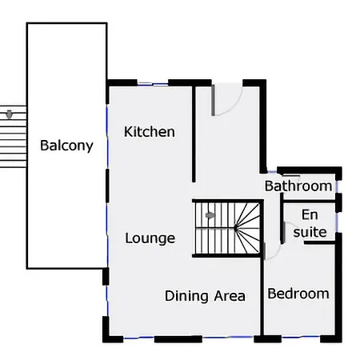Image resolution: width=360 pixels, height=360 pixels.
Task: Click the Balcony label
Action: (x=66, y=146)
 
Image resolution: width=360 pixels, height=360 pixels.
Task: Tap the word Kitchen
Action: (x=150, y=132)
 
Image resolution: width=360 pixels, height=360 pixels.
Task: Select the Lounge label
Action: (x=150, y=238)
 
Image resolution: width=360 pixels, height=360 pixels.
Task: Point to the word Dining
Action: (x=186, y=296)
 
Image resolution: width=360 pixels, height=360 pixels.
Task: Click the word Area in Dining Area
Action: (x=230, y=296)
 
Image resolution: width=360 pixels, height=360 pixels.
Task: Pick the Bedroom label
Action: (x=298, y=294)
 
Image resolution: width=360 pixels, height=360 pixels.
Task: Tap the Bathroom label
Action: (x=298, y=186)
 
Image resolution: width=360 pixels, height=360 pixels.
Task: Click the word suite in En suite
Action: (x=310, y=232)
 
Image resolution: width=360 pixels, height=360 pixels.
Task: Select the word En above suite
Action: (x=310, y=214)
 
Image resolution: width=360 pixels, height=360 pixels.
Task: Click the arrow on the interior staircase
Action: (x=210, y=215)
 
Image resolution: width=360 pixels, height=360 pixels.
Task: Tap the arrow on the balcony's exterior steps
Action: (x=10, y=114)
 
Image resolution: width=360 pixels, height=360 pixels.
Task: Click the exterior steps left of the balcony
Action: (x=13, y=137)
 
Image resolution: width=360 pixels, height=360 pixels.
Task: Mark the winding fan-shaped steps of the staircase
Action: (x=247, y=228)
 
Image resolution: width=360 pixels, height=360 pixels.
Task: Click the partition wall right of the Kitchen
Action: (x=194, y=134)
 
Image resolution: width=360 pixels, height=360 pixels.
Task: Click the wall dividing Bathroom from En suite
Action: (x=310, y=202)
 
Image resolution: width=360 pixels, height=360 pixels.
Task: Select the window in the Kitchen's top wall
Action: (x=153, y=84)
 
